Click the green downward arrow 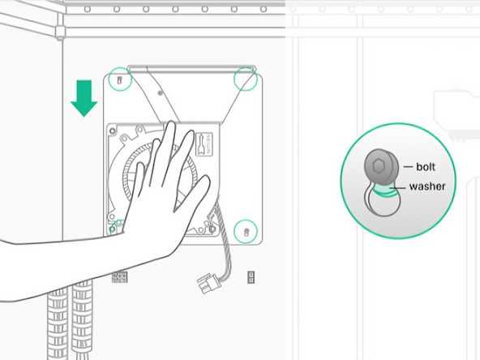point(84,96)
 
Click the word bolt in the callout point(426,166)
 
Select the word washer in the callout point(426,186)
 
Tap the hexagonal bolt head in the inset point(379,166)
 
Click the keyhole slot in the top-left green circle point(120,80)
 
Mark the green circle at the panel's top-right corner point(246,78)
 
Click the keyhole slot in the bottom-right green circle point(246,231)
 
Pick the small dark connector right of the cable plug point(251,277)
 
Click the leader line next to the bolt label point(407,166)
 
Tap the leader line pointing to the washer point(400,187)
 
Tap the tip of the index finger point(193,133)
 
